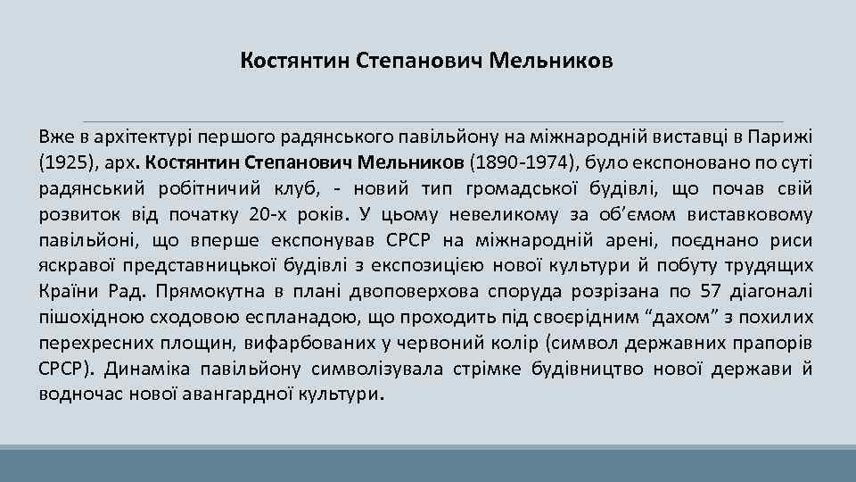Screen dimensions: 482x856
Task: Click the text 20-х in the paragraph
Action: coord(269,214)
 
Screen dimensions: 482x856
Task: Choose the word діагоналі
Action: coord(775,292)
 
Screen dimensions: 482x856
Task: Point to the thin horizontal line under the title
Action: coord(432,121)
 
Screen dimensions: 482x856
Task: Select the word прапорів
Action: coord(775,344)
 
